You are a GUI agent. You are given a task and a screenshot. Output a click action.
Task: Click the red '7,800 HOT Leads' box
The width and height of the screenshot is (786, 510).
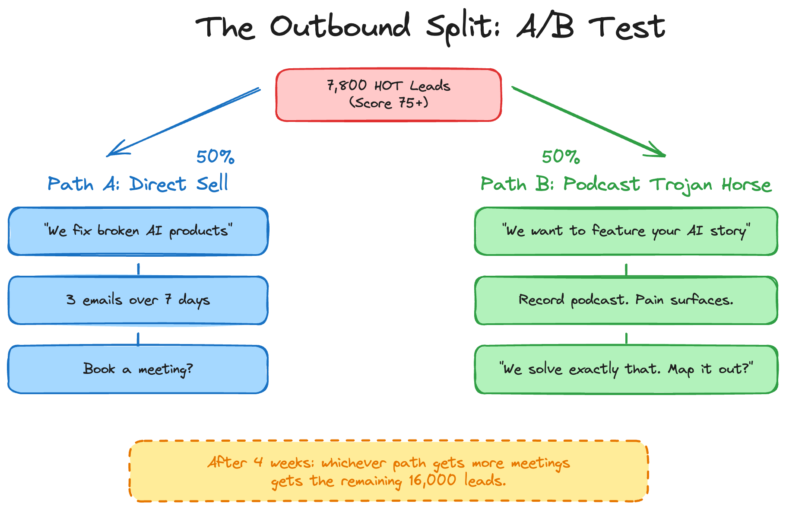[389, 95]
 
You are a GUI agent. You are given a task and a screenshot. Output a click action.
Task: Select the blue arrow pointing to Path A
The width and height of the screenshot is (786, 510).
[184, 122]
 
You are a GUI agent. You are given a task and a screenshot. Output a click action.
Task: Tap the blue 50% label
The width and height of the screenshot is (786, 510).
[215, 157]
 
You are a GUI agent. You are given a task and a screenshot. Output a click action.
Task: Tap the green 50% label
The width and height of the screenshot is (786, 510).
[561, 157]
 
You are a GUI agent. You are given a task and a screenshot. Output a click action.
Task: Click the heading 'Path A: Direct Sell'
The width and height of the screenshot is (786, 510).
[138, 184]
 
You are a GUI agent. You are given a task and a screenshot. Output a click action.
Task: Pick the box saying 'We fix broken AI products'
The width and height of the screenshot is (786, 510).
[138, 231]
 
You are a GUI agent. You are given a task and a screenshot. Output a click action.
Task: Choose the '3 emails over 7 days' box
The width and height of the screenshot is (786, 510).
[138, 300]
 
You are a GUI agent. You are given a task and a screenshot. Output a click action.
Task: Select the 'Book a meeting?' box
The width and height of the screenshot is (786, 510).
[138, 369]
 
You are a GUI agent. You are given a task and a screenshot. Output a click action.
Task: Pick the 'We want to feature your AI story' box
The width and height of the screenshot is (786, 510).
[626, 231]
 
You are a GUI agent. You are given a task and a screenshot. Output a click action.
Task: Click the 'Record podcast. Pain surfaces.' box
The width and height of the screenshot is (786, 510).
[626, 300]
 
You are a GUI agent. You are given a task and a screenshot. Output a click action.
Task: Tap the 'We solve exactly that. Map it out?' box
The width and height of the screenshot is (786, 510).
[626, 369]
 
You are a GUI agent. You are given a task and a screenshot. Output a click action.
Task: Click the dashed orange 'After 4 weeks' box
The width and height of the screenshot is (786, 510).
[389, 471]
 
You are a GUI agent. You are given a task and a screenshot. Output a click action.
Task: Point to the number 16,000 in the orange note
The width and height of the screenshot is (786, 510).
[432, 480]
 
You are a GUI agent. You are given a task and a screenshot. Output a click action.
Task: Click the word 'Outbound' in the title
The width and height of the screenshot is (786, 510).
[340, 27]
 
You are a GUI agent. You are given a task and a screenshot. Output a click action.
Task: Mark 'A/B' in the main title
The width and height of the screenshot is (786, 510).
[545, 27]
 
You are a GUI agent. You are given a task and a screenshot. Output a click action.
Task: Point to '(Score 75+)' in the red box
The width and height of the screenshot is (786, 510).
[389, 103]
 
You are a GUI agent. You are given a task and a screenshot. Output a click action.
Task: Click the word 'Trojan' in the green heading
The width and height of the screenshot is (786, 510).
[681, 185]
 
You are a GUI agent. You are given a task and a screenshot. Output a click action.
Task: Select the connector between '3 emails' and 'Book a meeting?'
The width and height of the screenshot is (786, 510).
[138, 338]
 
